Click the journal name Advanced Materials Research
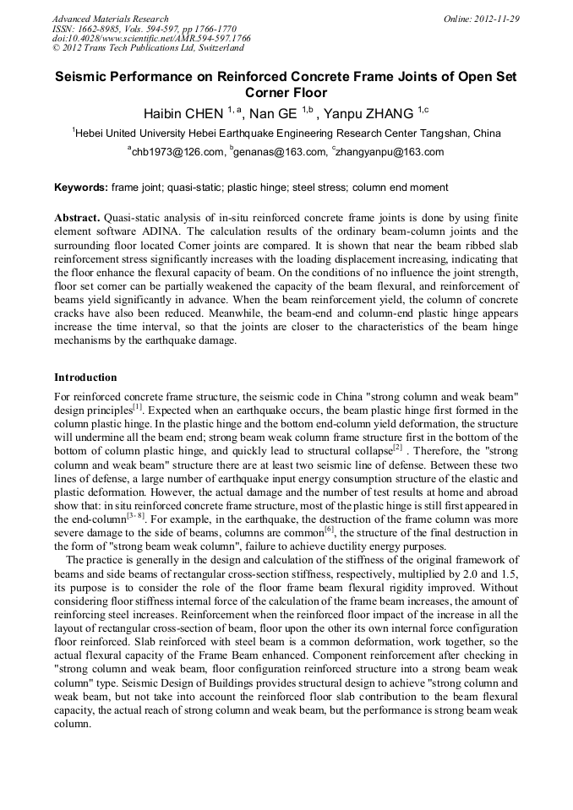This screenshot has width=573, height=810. [110, 19]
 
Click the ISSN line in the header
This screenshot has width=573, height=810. [139, 29]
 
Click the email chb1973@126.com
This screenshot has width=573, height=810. [178, 152]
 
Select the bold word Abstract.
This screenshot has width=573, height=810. [77, 218]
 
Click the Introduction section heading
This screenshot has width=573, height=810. [85, 378]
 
